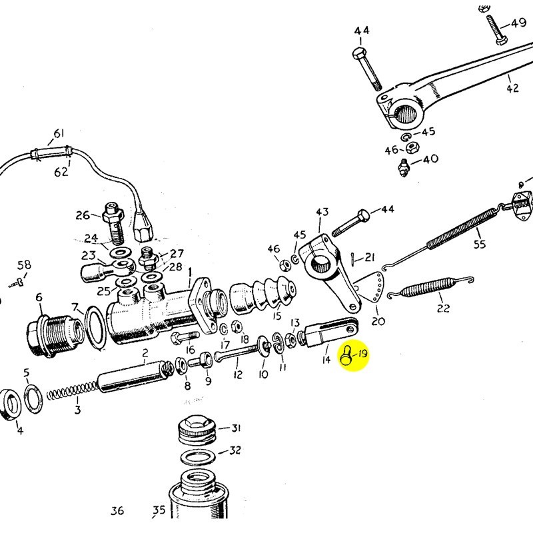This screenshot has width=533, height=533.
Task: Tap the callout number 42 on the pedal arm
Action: tap(512, 88)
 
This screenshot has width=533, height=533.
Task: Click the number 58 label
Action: tap(24, 266)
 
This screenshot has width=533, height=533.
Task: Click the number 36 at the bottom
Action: tap(117, 511)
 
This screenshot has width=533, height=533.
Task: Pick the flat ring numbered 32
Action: tap(201, 458)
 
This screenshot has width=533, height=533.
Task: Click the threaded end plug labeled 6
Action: tap(49, 330)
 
